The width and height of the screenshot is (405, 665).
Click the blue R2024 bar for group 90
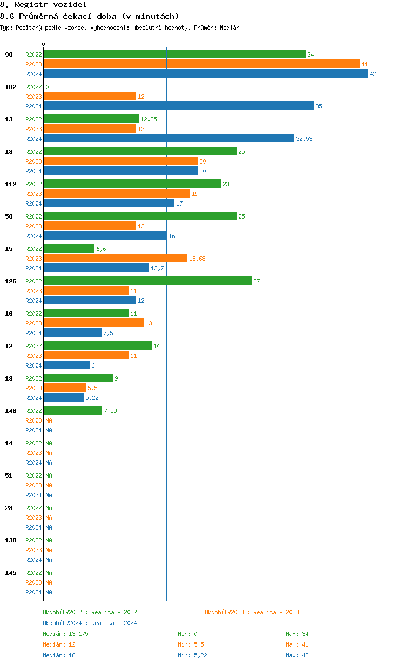point(205,74)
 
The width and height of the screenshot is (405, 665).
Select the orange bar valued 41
point(201,64)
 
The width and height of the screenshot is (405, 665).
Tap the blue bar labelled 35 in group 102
point(178,106)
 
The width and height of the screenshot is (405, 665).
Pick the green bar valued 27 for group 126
point(147,281)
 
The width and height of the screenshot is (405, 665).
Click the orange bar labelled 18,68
point(116,259)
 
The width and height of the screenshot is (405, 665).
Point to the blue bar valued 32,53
point(169,139)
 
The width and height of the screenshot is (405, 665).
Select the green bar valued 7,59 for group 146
point(73,411)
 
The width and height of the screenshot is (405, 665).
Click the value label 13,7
point(157,268)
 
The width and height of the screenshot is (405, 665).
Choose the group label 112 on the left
point(11,184)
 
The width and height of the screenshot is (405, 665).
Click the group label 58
point(9,216)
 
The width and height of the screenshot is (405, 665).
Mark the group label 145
point(11,573)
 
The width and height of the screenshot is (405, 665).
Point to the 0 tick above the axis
point(44,44)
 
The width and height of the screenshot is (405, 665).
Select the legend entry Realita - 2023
point(252,612)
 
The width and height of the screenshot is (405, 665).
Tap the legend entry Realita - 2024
point(90,623)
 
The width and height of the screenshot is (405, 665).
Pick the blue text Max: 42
point(297,655)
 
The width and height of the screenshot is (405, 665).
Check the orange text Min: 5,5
point(191,644)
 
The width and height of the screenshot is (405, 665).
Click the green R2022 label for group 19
point(33,378)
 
